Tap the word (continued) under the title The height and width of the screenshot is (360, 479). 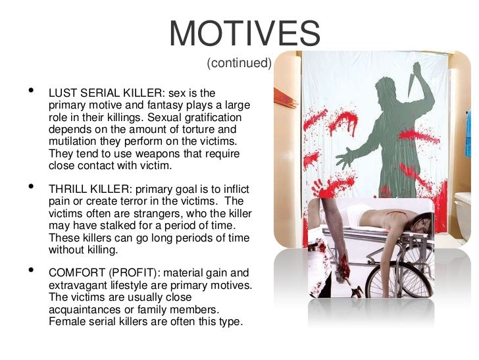click(x=239, y=63)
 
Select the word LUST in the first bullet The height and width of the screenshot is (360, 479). click(x=63, y=93)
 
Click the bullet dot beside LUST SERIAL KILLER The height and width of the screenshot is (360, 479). click(x=27, y=91)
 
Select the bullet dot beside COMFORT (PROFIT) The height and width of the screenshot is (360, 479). click(x=27, y=270)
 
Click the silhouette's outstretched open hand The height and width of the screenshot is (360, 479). click(x=345, y=157)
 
